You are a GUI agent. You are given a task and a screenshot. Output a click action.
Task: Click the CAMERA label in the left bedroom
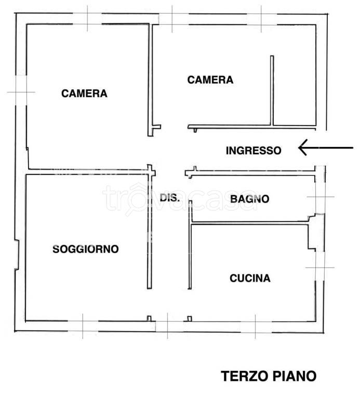pyautogui.click(x=84, y=94)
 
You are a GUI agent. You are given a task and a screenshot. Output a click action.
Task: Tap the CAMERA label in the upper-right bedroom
pyautogui.click(x=210, y=80)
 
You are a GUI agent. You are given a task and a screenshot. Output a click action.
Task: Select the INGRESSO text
pyautogui.click(x=254, y=151)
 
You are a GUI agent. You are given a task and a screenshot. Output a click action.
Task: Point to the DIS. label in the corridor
pyautogui.click(x=169, y=198)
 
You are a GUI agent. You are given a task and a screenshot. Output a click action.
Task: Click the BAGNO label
pyautogui.click(x=250, y=198)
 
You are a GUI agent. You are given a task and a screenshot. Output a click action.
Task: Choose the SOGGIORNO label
pyautogui.click(x=86, y=249)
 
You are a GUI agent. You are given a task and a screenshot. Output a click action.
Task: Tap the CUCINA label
pyautogui.click(x=250, y=278)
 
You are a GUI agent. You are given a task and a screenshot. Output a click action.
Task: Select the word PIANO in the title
pyautogui.click(x=295, y=376)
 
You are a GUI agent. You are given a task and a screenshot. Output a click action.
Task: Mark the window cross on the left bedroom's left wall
pyautogui.click(x=21, y=92)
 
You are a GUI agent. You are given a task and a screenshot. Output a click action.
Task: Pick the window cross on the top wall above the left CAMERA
pyautogui.click(x=87, y=18)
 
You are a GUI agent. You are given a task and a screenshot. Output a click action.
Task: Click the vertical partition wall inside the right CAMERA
pyautogui.click(x=271, y=91)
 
